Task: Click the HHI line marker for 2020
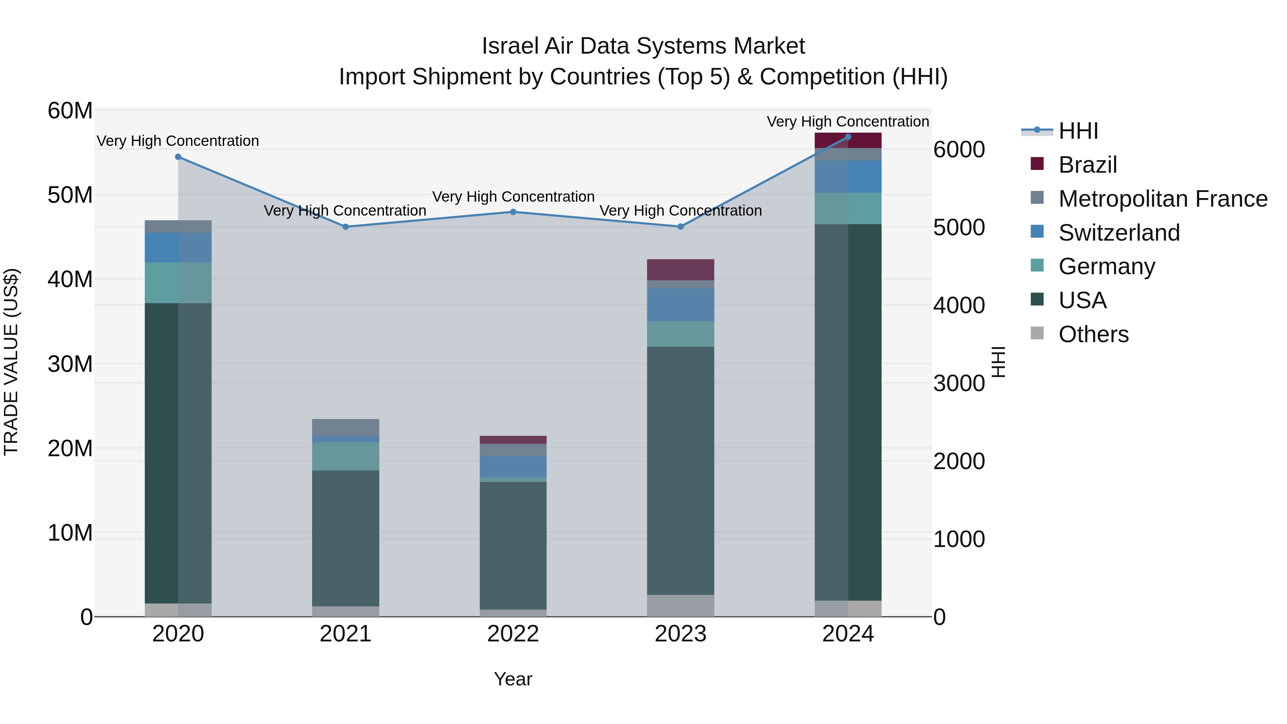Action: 178,157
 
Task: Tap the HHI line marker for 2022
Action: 513,212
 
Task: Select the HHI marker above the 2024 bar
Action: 848,137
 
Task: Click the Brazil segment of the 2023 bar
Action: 680,270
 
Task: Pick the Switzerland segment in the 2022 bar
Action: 513,467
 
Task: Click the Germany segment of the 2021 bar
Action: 345,456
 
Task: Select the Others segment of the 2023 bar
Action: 680,606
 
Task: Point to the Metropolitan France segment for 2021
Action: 345,427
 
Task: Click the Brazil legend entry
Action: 1087,165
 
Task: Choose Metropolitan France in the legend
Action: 1162,199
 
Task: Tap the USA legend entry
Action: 1082,300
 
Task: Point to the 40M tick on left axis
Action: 70,279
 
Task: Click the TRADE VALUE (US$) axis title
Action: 11,362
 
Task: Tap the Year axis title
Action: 513,679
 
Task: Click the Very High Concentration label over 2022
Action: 513,197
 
